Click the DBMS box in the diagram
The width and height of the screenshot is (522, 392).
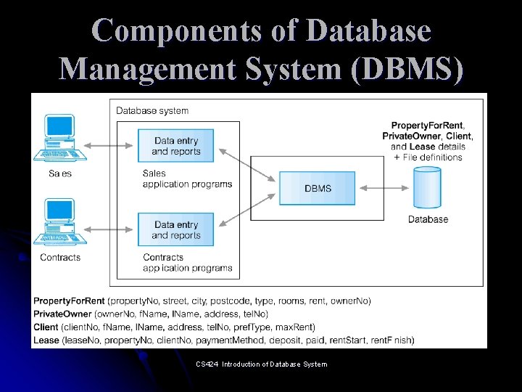pos(318,188)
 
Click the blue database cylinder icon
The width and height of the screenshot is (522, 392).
pos(427,188)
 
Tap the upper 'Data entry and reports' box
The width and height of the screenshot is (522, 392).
pos(176,146)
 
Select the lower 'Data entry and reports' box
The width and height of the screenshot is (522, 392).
pos(176,230)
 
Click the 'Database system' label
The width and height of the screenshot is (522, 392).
pos(152,111)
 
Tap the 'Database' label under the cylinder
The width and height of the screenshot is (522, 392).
pos(428,219)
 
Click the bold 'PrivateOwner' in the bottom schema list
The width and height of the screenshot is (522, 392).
pos(62,314)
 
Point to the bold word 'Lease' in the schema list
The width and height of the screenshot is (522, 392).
pos(46,340)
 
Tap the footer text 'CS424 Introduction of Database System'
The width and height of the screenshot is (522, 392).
pos(261,364)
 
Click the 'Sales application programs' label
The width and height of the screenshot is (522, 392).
pos(187,179)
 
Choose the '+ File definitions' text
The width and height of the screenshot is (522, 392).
pos(428,157)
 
